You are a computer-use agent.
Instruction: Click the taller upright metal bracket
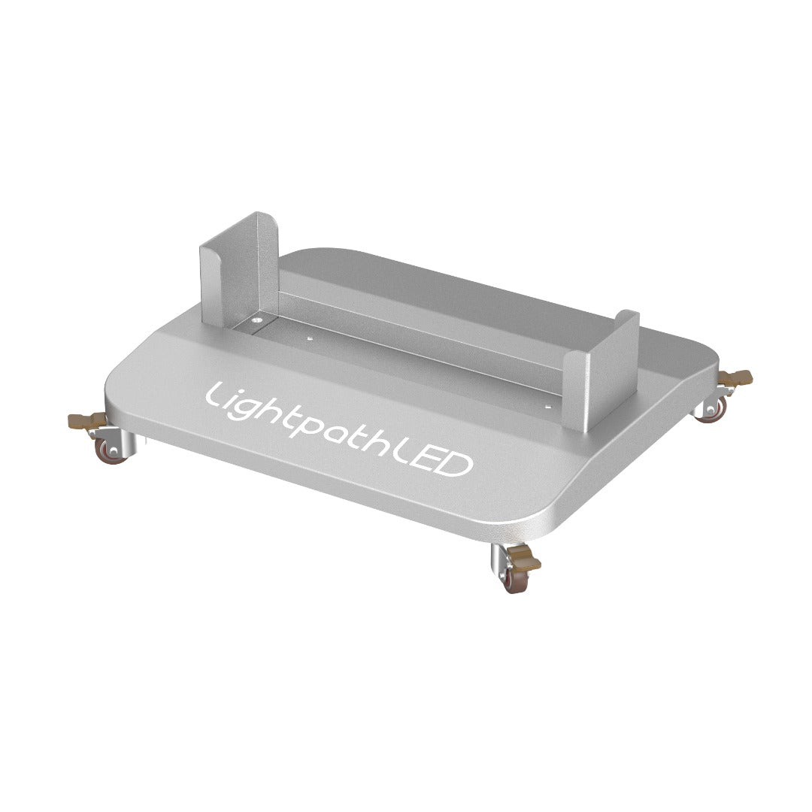coord(229,271)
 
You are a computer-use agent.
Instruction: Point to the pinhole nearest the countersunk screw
coord(308,339)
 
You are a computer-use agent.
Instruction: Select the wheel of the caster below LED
coord(514,581)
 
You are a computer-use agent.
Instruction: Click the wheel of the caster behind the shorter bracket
coord(711,412)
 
